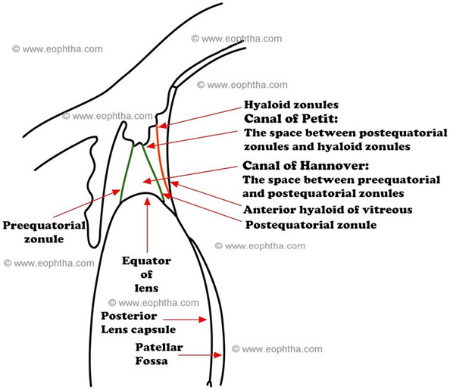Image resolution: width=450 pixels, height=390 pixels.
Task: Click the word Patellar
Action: (158, 348)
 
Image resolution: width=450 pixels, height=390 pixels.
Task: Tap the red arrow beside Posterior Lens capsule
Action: (189, 320)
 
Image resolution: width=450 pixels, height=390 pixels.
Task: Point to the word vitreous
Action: (389, 210)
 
